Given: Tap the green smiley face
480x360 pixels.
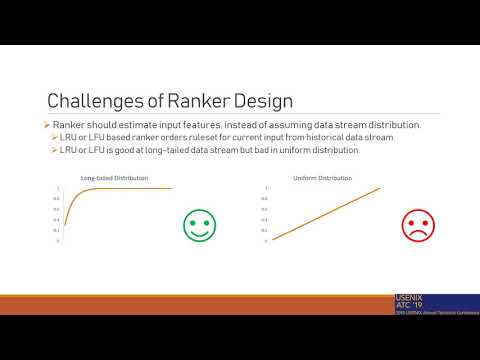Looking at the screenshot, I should point(200,225).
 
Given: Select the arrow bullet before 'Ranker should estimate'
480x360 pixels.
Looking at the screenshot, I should point(48,122).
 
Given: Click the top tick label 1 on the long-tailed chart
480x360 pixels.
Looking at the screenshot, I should point(58,188).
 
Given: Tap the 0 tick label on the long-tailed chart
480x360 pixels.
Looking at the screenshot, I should point(58,241).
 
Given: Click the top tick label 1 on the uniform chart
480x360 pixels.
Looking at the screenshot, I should point(266,188).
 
